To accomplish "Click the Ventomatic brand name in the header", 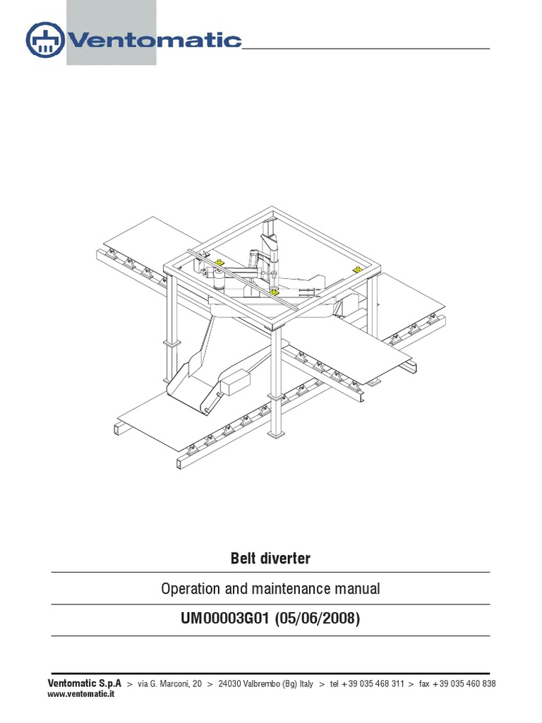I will [155, 40].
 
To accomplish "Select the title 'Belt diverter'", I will [270, 558].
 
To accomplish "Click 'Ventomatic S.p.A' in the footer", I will [84, 683].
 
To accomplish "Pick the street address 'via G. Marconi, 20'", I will [169, 684].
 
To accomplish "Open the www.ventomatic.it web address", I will [81, 694].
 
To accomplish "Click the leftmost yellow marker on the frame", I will [219, 263].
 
